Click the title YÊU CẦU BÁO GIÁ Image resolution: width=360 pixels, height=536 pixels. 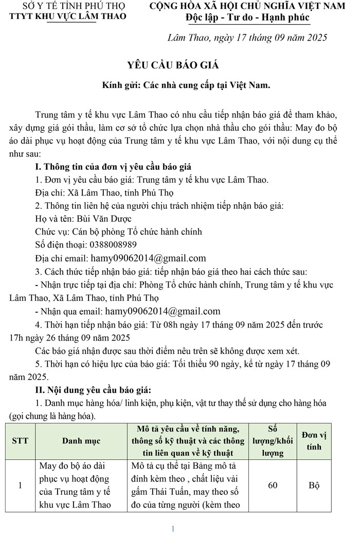point(173,65)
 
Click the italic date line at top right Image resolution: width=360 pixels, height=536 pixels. point(247,38)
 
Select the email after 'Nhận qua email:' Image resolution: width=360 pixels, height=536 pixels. point(163,311)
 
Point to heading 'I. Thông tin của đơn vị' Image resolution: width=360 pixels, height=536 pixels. point(112,167)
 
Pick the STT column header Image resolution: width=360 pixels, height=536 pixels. point(20,441)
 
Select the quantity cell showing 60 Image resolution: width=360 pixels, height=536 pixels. point(273,485)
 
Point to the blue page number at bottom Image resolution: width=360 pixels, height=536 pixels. point(173,528)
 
